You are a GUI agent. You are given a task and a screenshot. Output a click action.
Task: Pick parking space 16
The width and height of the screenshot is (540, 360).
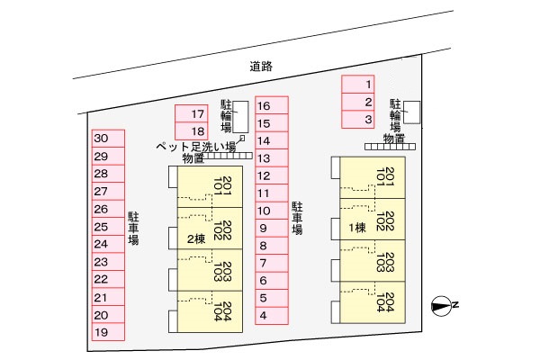tap(271, 105)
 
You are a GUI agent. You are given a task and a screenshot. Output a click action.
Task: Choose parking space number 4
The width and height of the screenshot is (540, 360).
tap(271, 315)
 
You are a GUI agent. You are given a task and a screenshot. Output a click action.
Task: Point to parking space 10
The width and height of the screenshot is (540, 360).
tap(271, 211)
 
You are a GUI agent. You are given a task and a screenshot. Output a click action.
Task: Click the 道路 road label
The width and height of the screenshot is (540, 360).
tap(262, 66)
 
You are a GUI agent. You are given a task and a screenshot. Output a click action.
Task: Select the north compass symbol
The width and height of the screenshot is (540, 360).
tap(441, 306)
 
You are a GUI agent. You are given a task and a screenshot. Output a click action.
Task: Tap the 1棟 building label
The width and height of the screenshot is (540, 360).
tap(357, 227)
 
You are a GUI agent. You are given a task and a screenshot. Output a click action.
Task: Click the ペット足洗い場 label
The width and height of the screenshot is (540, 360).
tap(195, 146)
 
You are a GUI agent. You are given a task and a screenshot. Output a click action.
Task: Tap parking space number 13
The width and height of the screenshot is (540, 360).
tap(271, 157)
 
